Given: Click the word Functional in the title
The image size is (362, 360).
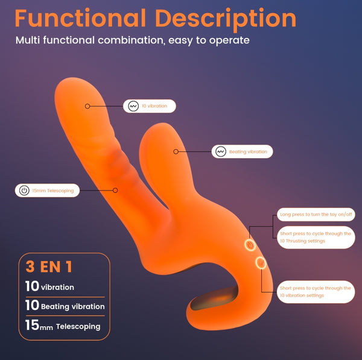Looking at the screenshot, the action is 80,18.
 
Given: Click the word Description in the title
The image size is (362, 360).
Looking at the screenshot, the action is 226,20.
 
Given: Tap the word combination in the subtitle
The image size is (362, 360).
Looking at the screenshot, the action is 132,40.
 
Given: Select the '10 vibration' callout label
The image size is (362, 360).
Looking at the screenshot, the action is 150,106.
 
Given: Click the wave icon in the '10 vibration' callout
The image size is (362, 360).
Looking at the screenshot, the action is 133,106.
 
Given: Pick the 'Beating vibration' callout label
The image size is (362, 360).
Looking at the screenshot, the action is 242,151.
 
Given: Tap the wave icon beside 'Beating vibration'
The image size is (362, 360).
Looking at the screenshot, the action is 221,151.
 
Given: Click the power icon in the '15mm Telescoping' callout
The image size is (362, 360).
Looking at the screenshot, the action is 24,191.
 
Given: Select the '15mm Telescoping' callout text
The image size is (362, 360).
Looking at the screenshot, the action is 53,191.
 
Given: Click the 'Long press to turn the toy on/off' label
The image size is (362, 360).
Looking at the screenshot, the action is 316,215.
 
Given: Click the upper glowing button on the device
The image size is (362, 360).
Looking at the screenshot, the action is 250,245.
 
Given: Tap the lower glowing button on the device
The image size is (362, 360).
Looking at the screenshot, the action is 261,263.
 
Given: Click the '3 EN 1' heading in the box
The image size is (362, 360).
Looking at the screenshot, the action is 49,267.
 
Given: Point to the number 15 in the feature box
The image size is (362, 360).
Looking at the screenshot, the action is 32,325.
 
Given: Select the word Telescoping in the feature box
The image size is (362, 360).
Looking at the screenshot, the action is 78,327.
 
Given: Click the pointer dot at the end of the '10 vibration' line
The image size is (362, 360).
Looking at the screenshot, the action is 87,106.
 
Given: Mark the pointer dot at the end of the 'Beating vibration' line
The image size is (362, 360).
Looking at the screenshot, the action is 176,151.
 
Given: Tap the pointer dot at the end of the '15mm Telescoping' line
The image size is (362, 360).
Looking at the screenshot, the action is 115,191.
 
